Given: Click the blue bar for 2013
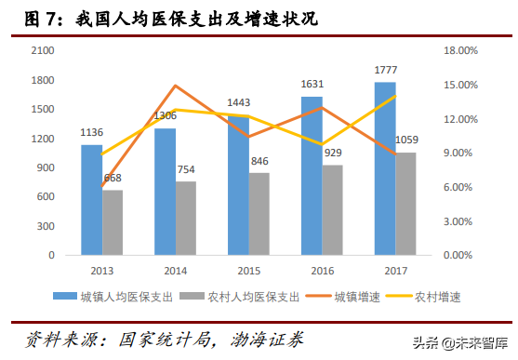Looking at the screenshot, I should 91,200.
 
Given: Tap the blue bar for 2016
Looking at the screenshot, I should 312,176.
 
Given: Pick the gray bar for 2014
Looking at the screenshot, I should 186,219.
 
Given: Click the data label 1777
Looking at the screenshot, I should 384,71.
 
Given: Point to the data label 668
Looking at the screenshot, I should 113,179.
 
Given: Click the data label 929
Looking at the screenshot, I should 333,153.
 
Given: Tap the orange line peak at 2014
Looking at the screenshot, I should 175,86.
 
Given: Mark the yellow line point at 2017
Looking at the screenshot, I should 395,96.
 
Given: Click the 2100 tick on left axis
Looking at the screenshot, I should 43,50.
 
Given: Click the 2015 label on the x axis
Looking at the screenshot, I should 248,270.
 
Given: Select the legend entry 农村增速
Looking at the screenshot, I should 437,297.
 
